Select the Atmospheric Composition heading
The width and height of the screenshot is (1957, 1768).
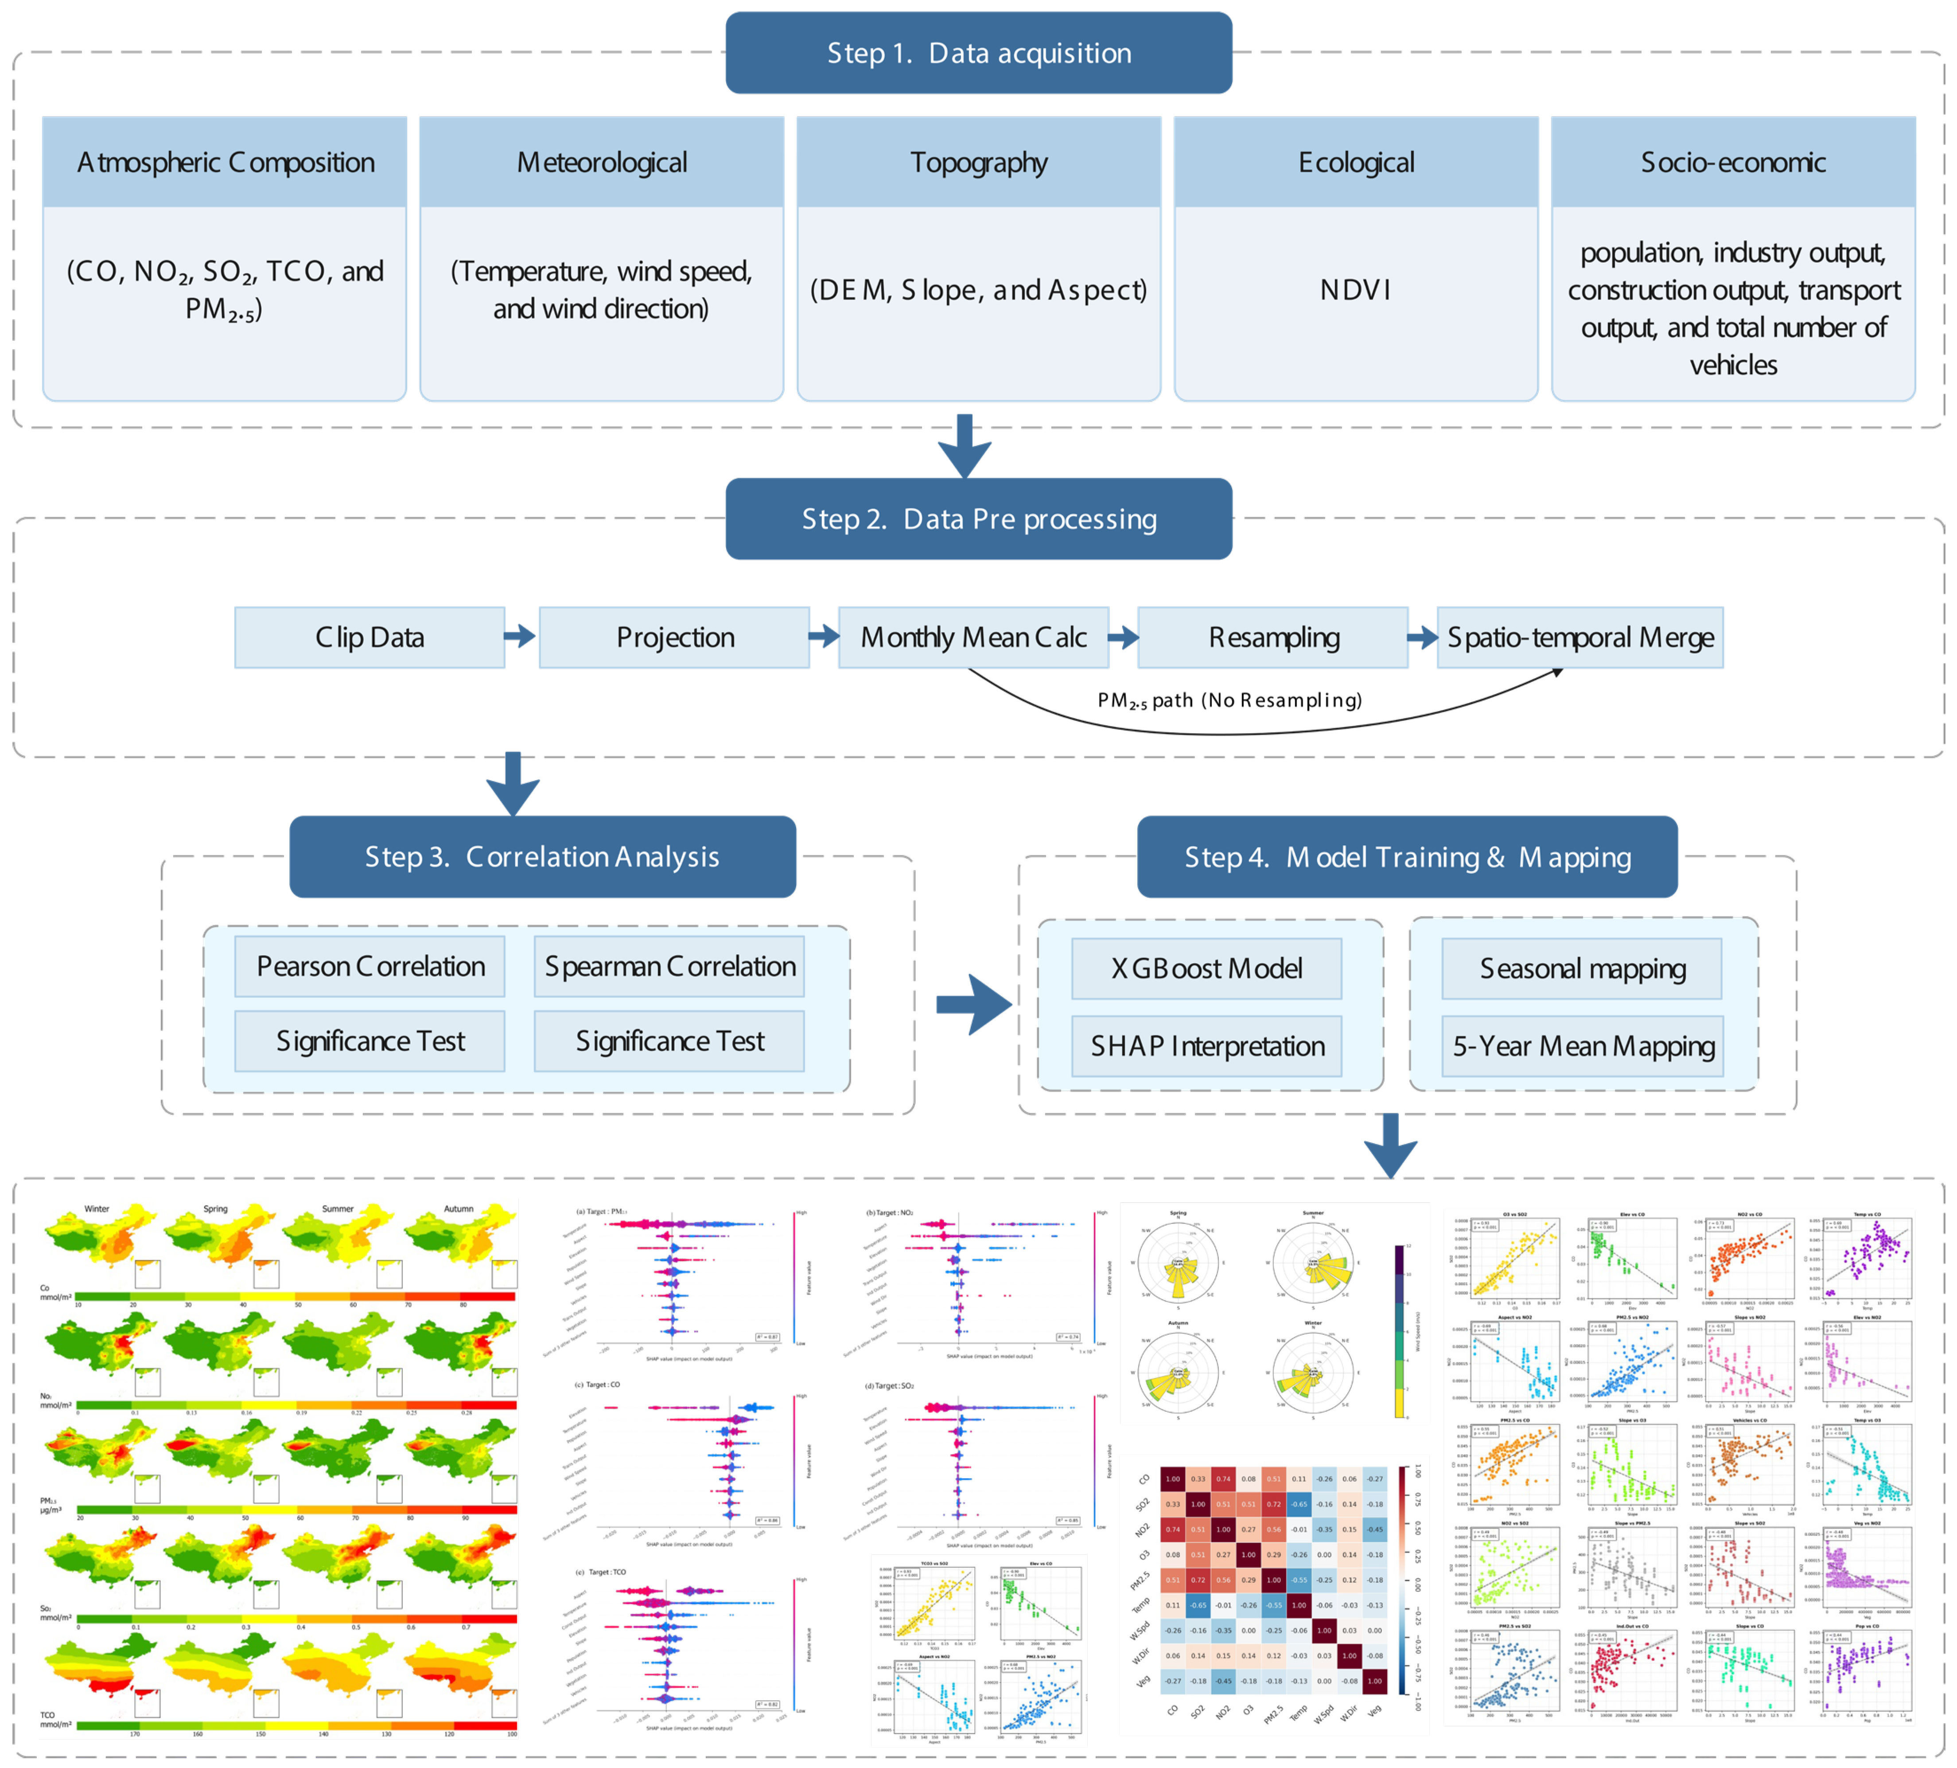[225, 162]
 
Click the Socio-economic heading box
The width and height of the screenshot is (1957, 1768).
[1733, 162]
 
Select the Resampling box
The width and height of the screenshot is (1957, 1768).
[1272, 638]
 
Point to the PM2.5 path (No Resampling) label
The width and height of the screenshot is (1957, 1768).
[1229, 700]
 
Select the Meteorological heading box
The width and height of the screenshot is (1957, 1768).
[602, 162]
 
